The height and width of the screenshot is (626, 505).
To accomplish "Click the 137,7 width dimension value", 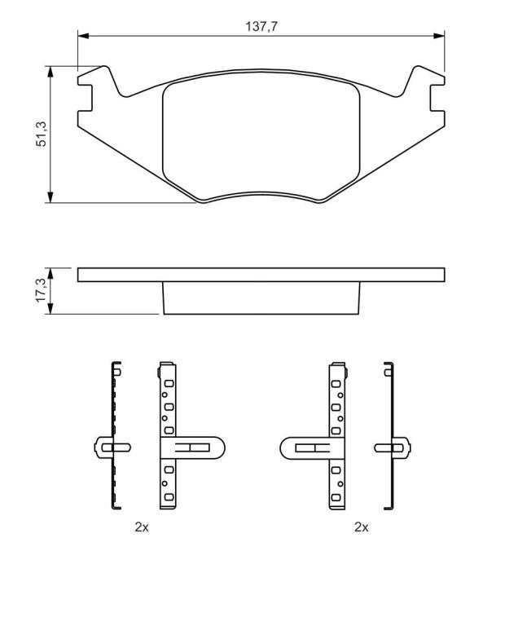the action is (261, 27).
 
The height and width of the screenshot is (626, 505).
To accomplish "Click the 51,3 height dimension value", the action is (42, 134).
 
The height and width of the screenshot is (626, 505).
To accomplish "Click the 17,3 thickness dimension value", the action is (42, 290).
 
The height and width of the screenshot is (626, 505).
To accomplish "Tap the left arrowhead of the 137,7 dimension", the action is (83, 36).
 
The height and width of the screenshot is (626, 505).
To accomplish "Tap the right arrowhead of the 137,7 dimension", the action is (439, 36).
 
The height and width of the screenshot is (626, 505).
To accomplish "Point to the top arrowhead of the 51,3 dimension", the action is (50, 72).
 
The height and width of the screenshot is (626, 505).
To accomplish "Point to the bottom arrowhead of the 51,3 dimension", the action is (50, 197).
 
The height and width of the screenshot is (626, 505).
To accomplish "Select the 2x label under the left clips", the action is (142, 527).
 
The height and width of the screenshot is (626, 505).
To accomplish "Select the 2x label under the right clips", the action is (362, 527).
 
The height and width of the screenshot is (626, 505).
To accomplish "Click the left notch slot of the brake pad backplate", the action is (86, 98).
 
